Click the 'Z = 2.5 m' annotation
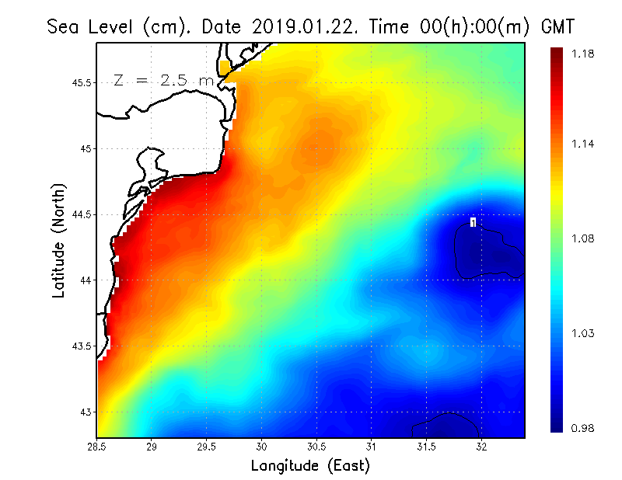162,81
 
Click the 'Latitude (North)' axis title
59,240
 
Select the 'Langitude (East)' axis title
310,466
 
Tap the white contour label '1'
473,223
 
